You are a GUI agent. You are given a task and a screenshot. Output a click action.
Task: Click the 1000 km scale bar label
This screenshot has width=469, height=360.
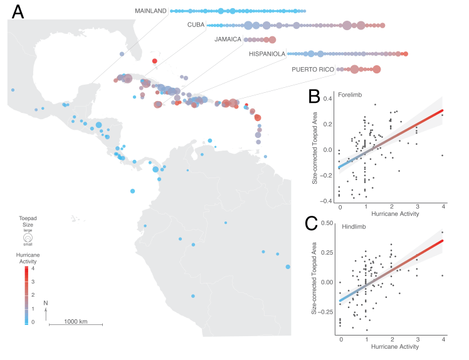tap(75, 320)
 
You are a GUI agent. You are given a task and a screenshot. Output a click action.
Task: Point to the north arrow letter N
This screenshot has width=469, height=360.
tap(46, 303)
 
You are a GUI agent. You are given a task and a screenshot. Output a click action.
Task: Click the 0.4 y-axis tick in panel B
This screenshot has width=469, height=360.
tap(328, 98)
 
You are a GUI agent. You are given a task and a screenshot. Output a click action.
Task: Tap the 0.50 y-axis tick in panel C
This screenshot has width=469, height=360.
tap(327, 223)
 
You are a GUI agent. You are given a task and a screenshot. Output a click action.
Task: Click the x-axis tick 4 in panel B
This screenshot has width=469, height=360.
tap(443, 207)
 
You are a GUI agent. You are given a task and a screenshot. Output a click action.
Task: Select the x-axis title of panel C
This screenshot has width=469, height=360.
tap(392, 346)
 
